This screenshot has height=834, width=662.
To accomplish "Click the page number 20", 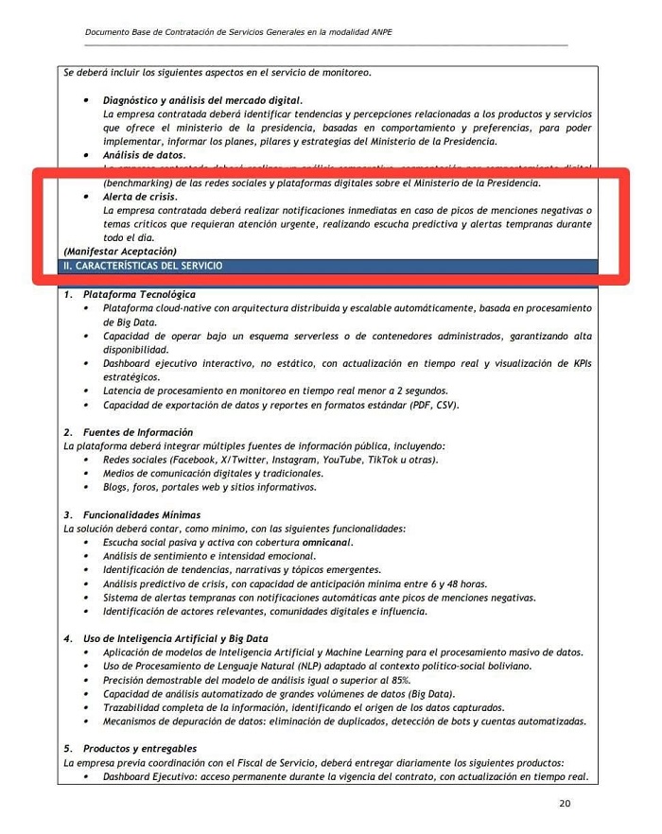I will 565,804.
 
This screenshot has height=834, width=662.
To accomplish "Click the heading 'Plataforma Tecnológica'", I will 140,295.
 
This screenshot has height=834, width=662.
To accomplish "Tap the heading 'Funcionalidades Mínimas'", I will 142,515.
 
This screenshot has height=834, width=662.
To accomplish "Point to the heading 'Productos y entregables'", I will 140,749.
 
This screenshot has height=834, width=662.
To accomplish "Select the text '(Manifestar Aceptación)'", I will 120,252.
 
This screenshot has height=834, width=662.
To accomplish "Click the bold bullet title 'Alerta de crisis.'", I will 140,196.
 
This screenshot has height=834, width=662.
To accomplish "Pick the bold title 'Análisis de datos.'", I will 145,154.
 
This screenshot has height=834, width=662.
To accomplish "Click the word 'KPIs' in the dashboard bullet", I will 579,364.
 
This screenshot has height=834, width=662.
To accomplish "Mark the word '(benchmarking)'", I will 138,182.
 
